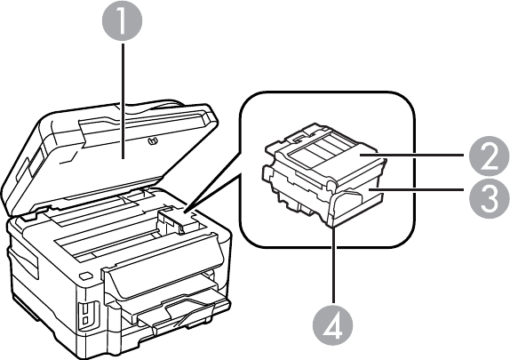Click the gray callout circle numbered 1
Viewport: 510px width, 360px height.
(x=123, y=20)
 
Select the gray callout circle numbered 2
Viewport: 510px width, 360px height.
(x=490, y=156)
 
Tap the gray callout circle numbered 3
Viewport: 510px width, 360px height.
(x=490, y=198)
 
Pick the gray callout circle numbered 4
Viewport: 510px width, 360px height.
(x=332, y=325)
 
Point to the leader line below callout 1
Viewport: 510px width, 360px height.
(x=123, y=101)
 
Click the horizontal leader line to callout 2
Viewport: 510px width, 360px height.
(x=411, y=156)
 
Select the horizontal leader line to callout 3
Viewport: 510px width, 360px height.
(x=416, y=188)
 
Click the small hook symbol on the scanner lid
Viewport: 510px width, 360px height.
(x=152, y=141)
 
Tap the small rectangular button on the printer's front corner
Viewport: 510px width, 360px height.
(x=85, y=276)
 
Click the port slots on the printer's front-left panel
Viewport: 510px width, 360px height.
(x=86, y=314)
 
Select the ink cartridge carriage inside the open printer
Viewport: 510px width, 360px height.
(x=175, y=221)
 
